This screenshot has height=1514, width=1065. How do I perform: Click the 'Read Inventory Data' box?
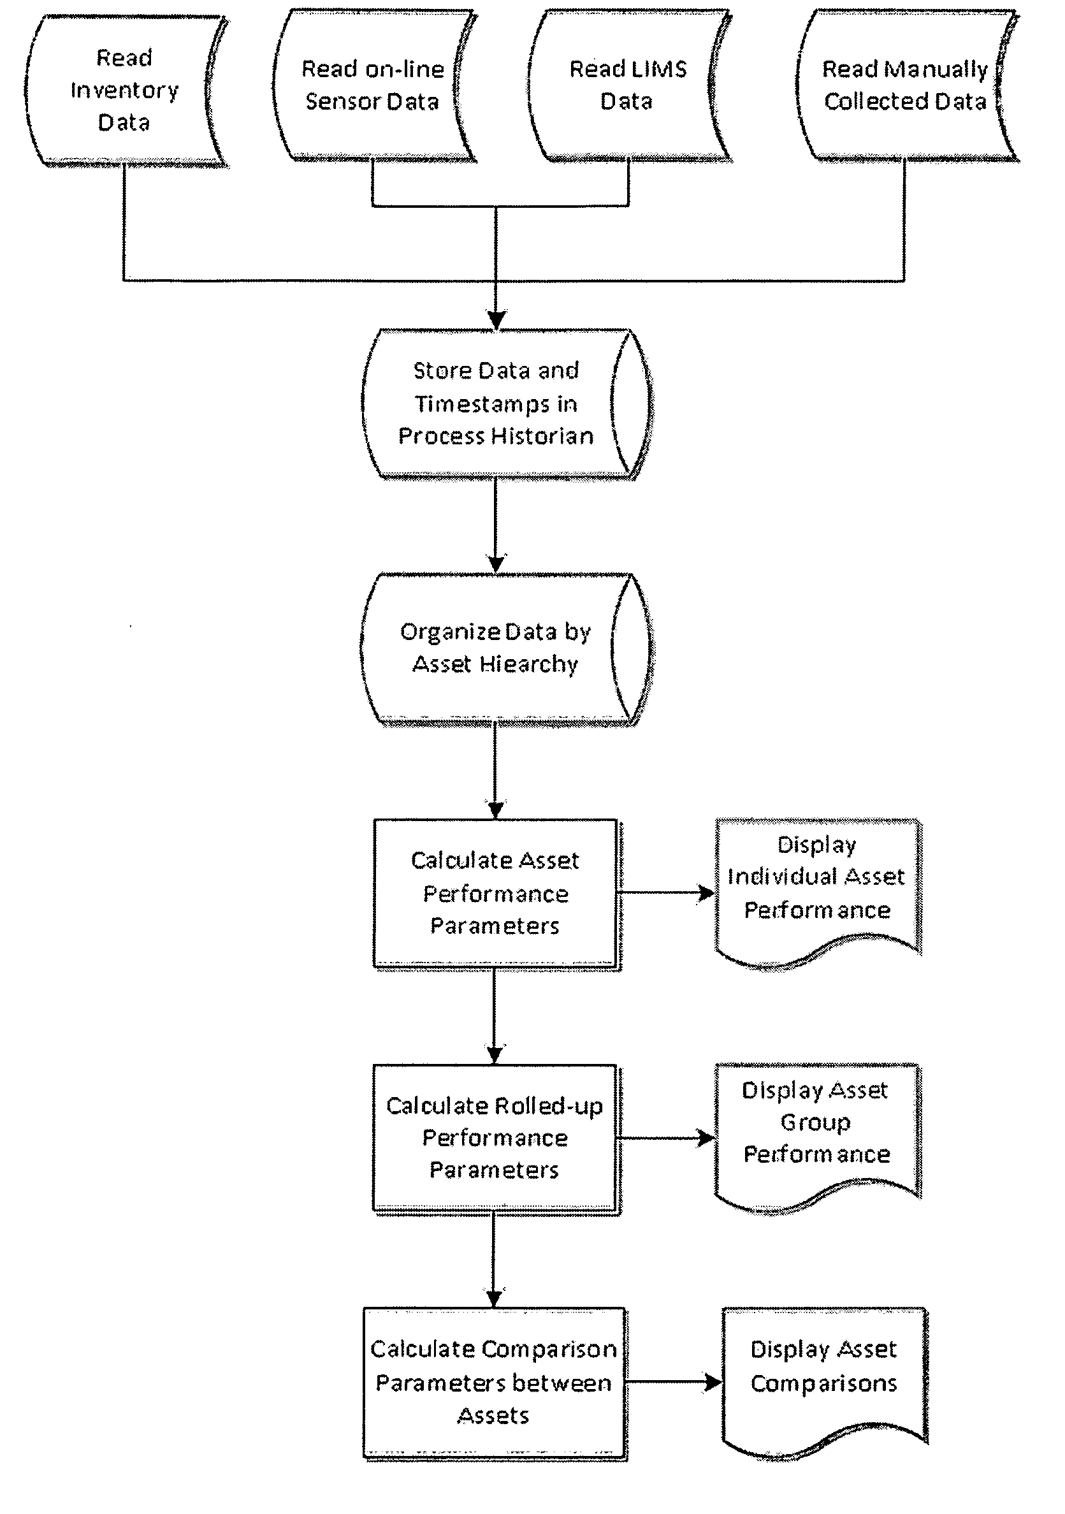pos(126,91)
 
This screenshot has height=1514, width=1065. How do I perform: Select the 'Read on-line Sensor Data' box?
pos(374,85)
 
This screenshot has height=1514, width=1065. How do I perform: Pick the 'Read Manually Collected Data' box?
pos(906,85)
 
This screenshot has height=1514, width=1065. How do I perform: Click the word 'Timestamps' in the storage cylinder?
pos(495,404)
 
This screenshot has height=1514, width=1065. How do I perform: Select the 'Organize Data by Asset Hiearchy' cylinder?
pos(506,650)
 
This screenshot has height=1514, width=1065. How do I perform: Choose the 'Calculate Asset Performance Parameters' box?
pos(496,894)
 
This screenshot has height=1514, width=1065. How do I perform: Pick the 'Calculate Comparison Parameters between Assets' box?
pos(495,1384)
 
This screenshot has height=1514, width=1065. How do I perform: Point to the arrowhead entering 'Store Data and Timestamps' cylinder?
pos(496,320)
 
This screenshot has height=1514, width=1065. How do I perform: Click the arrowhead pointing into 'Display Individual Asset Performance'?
pos(706,894)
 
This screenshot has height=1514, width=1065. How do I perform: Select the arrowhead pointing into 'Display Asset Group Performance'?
pos(706,1138)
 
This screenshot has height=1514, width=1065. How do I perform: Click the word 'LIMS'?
pos(657,69)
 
